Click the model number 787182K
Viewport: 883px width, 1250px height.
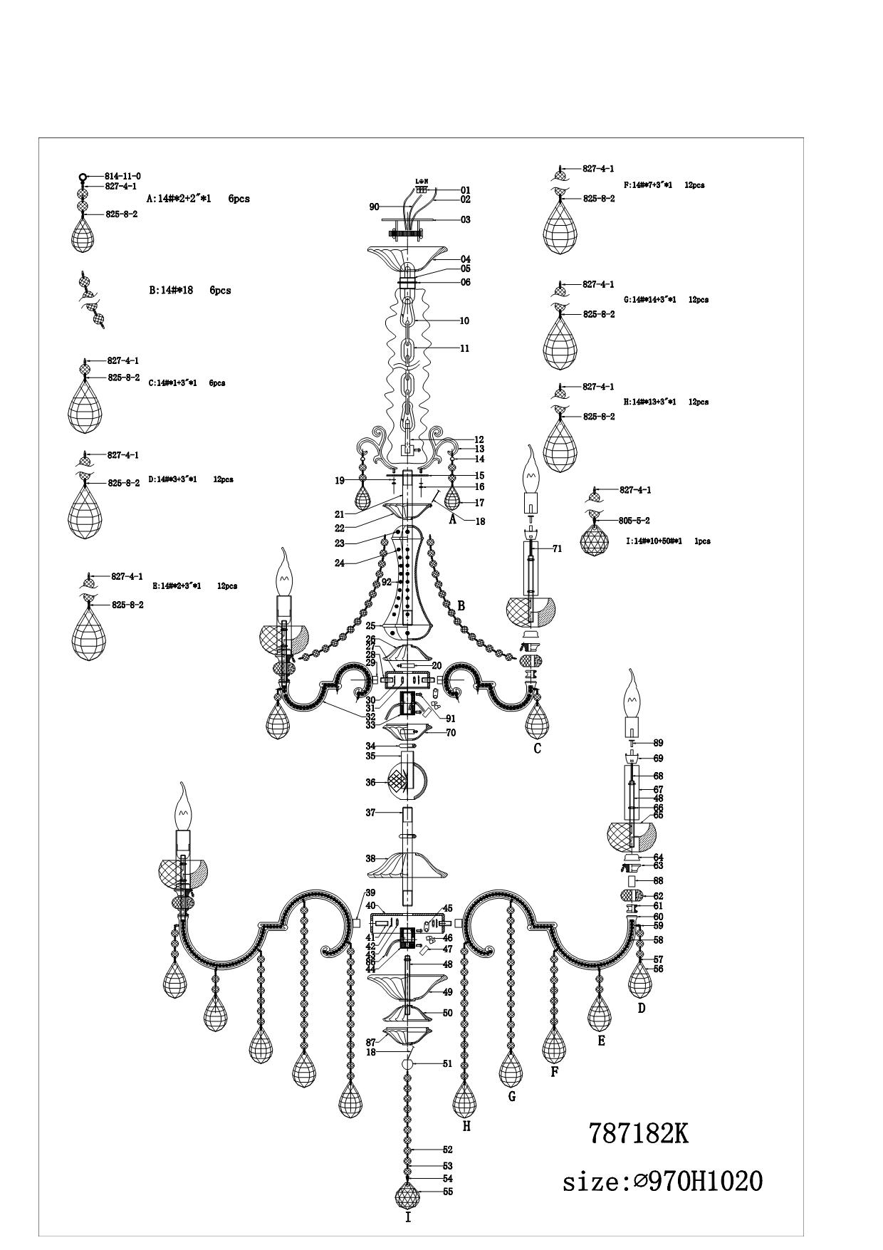[639, 1132]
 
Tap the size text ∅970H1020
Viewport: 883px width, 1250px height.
[662, 1182]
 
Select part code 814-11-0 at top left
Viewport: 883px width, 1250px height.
[122, 176]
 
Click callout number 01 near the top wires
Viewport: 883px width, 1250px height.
[465, 190]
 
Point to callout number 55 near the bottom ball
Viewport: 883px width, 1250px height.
[447, 1191]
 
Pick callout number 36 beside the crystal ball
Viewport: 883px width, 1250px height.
[370, 782]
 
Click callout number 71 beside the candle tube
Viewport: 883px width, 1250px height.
[557, 548]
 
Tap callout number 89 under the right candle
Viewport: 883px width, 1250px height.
[658, 743]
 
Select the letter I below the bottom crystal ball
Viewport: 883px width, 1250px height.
[408, 1218]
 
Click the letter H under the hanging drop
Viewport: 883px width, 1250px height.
[466, 1126]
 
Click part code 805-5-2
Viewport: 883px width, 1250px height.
[634, 521]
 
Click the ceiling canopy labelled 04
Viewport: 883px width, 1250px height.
[407, 254]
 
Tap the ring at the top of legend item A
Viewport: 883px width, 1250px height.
[83, 177]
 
